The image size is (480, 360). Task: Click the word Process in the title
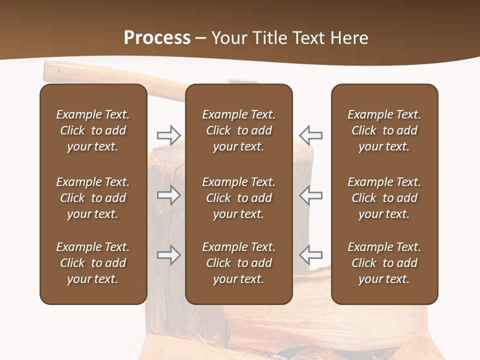(157, 38)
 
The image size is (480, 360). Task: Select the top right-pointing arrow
(169, 135)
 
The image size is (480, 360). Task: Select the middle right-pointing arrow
(169, 195)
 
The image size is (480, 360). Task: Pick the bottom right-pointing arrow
(169, 255)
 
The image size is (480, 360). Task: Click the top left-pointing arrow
(310, 135)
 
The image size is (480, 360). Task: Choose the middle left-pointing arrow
(310, 195)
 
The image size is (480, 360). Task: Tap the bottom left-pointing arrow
(310, 255)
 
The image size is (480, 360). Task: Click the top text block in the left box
(93, 130)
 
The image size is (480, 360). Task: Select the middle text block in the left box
(93, 198)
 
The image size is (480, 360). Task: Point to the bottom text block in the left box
(93, 263)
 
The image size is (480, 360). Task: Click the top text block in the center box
(238, 130)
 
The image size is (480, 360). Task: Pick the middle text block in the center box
(238, 198)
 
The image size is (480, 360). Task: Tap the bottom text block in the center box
(238, 263)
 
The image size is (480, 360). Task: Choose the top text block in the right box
(384, 130)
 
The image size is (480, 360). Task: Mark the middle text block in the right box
(384, 198)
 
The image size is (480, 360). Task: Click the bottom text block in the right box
(384, 263)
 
